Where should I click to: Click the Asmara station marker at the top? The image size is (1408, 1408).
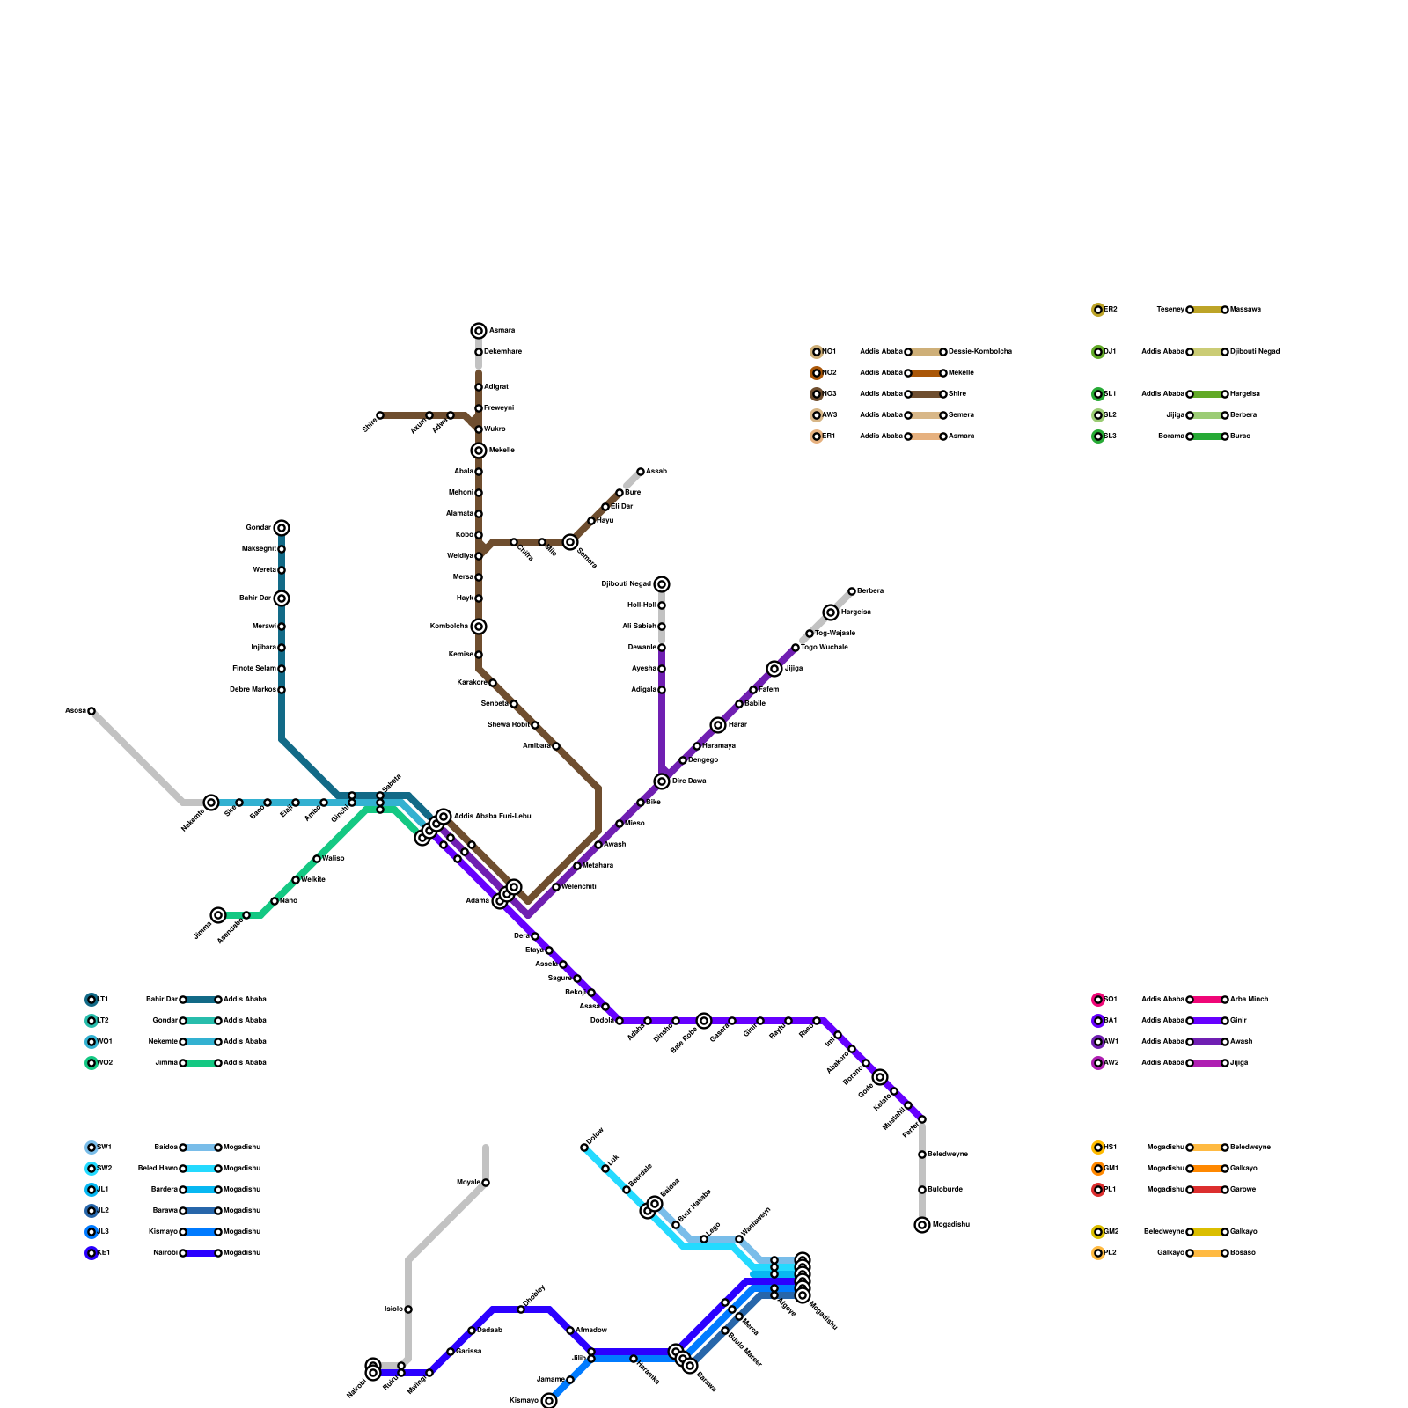pos(479,331)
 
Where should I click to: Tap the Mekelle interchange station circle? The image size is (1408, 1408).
pos(479,451)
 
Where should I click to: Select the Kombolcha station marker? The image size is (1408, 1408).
pos(479,627)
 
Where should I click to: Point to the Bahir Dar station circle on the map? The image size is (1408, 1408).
pos(282,598)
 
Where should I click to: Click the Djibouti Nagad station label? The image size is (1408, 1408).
pos(627,584)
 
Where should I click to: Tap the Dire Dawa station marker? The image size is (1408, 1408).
pos(662,781)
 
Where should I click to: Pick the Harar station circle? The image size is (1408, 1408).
pos(718,725)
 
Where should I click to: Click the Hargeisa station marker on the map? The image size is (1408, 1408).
pos(831,612)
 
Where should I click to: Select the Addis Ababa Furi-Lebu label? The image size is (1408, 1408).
pos(492,817)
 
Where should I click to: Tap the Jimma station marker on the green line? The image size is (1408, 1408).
pos(218,915)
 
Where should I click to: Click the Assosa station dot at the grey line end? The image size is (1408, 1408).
pos(92,711)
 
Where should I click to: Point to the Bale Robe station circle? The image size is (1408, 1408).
pos(704,1021)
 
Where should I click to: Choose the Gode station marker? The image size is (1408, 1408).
pos(880,1077)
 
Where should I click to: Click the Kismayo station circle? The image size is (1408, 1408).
pos(549,1401)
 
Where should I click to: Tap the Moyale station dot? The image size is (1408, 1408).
pos(486,1183)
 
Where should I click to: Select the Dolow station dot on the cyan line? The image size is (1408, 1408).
pos(584,1148)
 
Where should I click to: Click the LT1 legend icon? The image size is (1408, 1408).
pos(92,1000)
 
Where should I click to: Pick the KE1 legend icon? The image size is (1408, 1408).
pos(92,1253)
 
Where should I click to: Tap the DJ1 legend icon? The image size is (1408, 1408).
pos(1098,352)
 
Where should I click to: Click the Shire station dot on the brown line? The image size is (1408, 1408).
pos(380,415)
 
